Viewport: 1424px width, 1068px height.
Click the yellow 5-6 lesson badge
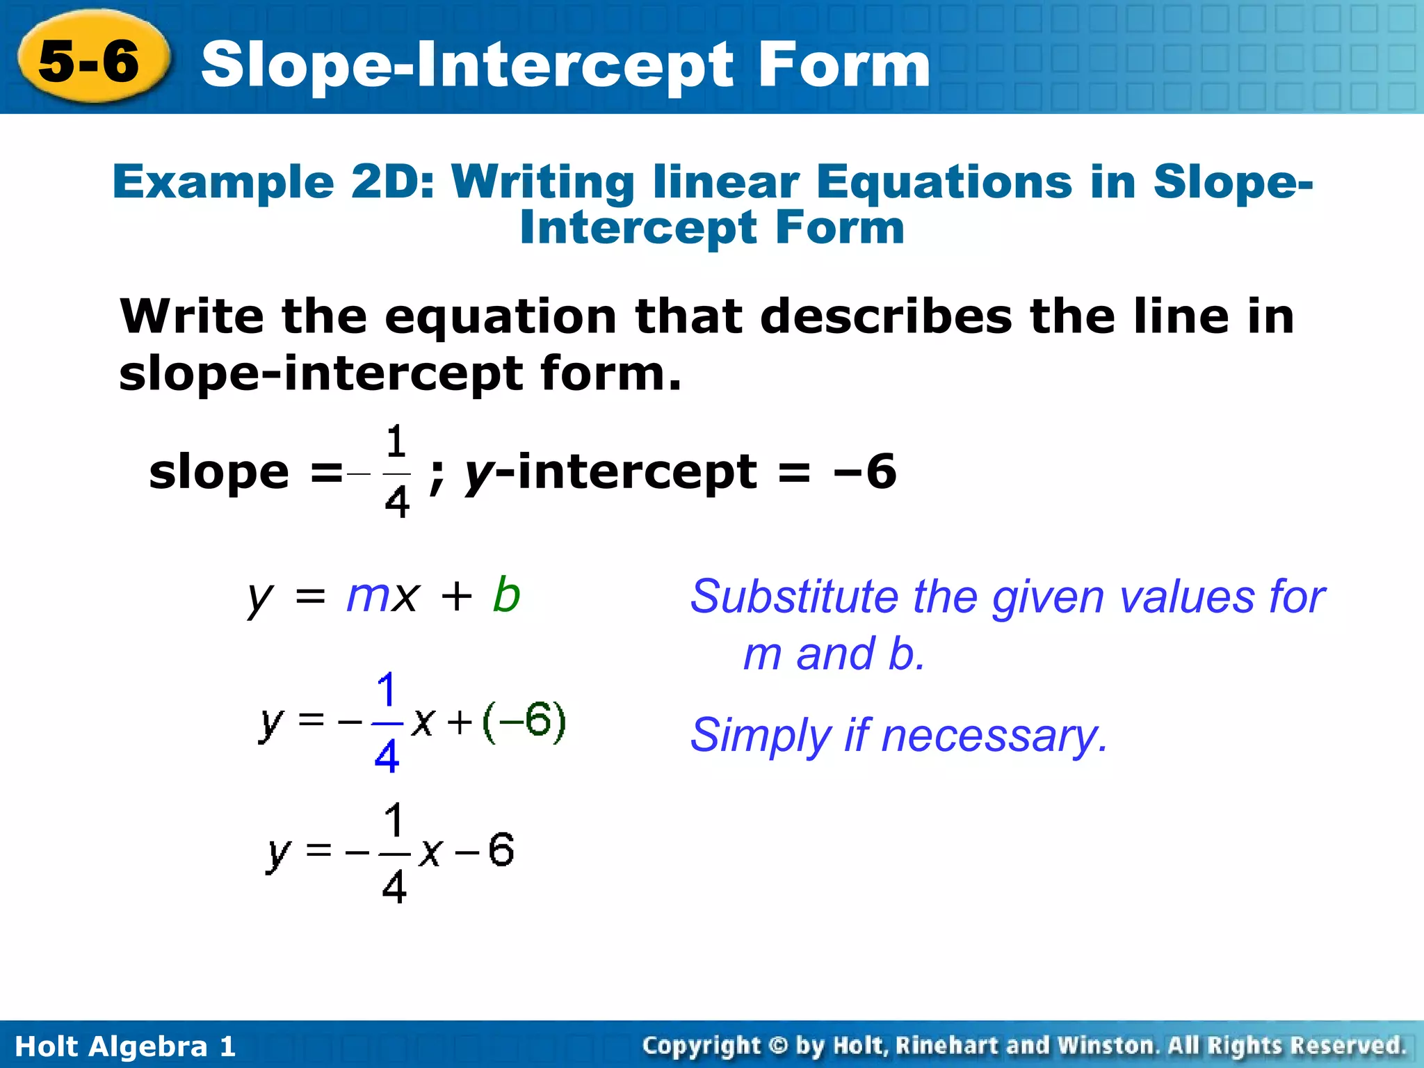coord(90,59)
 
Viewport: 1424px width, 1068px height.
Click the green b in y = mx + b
coord(506,595)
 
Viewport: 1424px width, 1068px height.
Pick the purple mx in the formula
coord(382,595)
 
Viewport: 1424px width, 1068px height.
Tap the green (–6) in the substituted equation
coord(524,722)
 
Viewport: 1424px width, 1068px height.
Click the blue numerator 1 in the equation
coord(387,690)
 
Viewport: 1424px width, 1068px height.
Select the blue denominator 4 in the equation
coord(387,756)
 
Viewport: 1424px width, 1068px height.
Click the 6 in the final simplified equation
coord(501,850)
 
